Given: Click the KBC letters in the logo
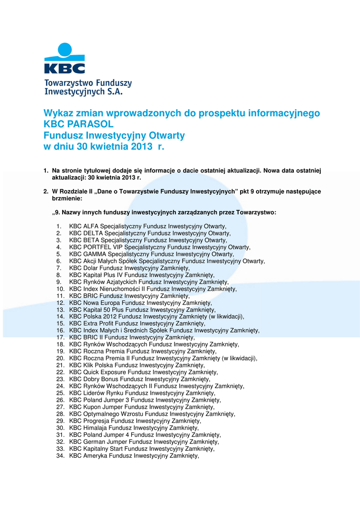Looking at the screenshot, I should click(65, 68).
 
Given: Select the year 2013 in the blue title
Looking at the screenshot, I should click(143, 147).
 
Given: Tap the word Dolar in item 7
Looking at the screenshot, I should click(90, 268).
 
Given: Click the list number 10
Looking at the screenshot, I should click(60, 289).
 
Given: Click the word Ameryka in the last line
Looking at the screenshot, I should click(95, 456).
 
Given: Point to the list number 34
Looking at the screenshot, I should click(60, 456).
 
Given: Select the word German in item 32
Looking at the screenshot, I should click(94, 442).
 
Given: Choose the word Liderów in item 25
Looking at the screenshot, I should click(94, 393).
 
